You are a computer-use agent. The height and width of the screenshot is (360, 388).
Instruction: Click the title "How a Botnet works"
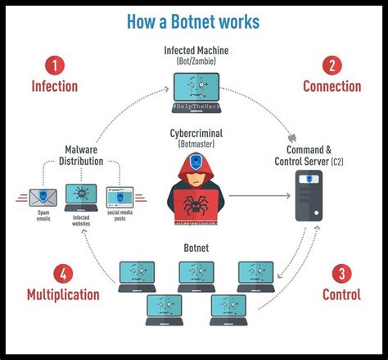(x=194, y=20)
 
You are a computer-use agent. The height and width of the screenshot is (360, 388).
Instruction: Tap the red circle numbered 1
(x=54, y=66)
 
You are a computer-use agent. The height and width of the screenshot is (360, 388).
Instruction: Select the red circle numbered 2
(x=332, y=66)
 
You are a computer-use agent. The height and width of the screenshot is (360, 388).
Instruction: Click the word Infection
(x=54, y=86)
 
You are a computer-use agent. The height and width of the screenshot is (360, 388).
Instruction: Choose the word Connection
(x=332, y=86)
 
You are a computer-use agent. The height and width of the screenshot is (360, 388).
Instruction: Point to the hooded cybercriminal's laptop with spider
(x=194, y=205)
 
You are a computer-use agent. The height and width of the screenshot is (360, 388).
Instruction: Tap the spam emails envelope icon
(x=41, y=197)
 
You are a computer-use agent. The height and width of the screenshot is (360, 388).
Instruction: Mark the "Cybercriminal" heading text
(x=194, y=134)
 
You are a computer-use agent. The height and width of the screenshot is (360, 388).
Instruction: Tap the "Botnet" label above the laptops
(x=194, y=247)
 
